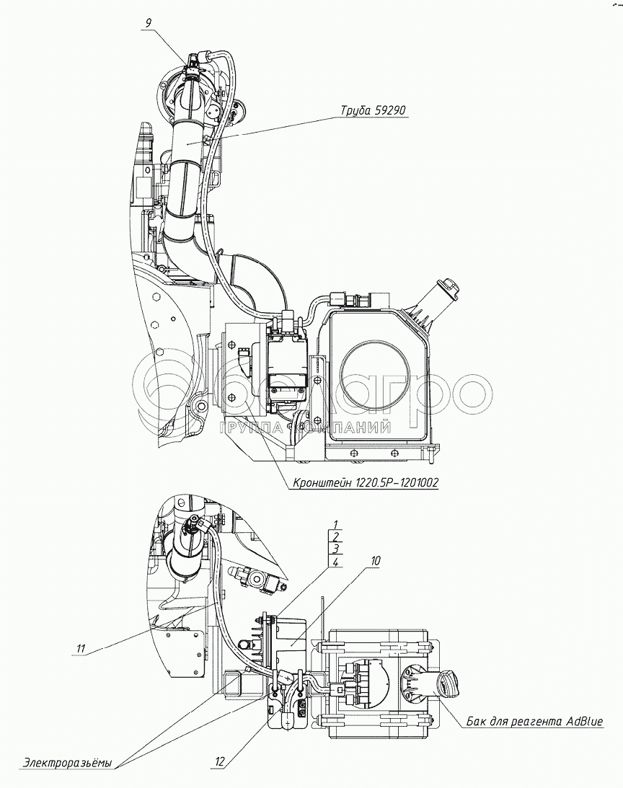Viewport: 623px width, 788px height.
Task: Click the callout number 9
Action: click(x=147, y=22)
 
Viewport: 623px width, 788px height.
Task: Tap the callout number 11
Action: click(x=79, y=649)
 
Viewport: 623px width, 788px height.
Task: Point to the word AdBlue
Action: click(x=584, y=722)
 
